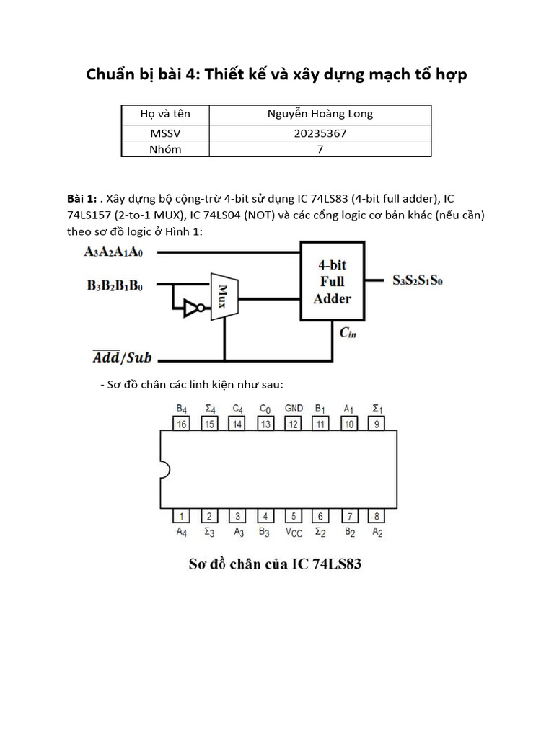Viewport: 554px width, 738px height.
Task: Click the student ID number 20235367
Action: click(x=320, y=133)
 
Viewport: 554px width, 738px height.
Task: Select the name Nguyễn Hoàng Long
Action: click(x=320, y=115)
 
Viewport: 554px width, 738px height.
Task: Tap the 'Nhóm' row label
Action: click(x=165, y=149)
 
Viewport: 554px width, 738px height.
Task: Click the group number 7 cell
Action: click(x=320, y=149)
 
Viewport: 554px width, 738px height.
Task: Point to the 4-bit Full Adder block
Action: click(x=332, y=282)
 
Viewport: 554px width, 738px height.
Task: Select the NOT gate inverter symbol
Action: click(x=193, y=309)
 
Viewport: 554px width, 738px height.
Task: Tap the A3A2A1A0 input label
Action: click(x=113, y=252)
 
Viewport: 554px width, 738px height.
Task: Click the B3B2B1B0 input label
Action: click(x=115, y=286)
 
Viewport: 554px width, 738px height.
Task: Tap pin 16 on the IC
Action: click(x=182, y=424)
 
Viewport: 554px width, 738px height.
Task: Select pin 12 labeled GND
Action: click(x=293, y=424)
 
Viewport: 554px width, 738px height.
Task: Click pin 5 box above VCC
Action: click(x=293, y=516)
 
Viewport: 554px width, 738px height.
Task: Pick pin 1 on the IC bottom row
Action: click(x=182, y=516)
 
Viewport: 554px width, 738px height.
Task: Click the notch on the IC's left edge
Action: click(x=163, y=470)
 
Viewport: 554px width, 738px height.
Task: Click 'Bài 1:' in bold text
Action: click(x=81, y=198)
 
